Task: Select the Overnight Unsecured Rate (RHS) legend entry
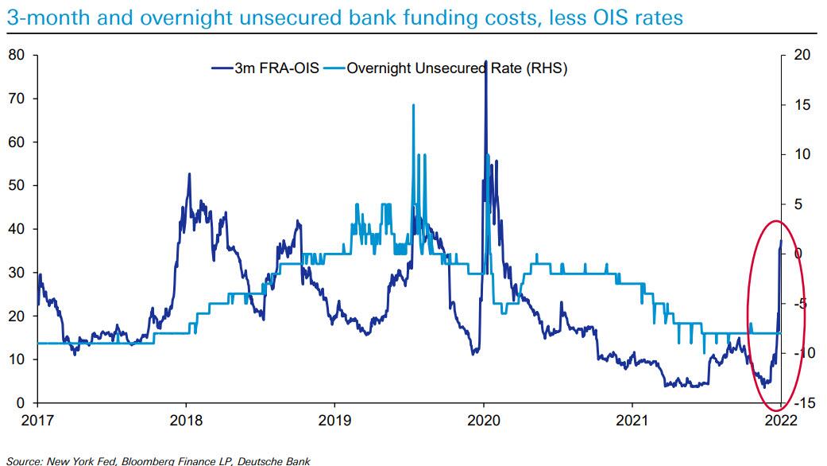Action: point(456,68)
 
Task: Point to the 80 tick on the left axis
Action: point(17,55)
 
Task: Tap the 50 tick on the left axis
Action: point(17,185)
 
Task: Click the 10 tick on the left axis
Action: point(17,359)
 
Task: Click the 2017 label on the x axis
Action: point(37,419)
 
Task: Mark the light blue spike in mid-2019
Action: point(413,106)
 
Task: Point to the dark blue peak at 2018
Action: point(189,174)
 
